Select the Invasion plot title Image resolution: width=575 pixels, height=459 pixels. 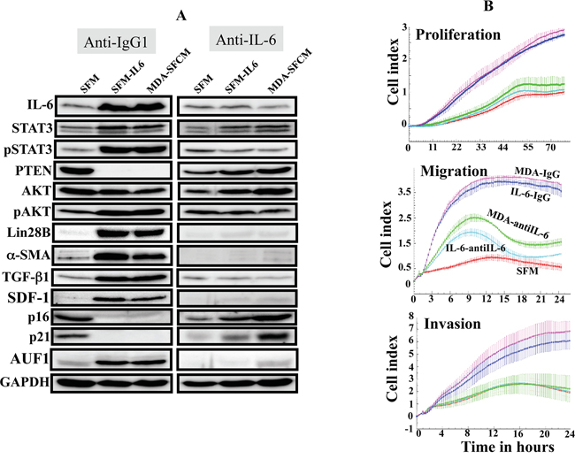point(453,324)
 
